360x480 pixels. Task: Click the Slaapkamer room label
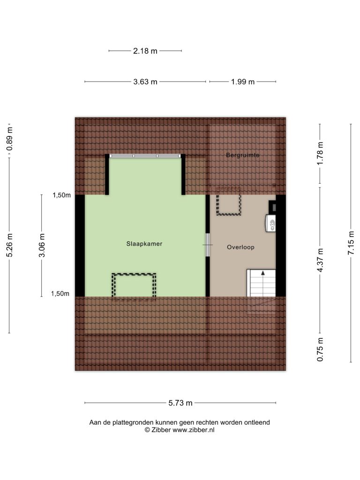point(144,244)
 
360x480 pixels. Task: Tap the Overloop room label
point(240,247)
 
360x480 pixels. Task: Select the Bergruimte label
point(243,155)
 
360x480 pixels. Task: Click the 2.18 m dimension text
point(145,51)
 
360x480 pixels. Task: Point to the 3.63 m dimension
point(145,82)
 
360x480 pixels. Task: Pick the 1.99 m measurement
point(243,82)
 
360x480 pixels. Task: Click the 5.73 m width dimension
point(180,403)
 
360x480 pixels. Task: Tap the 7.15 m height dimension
point(351,243)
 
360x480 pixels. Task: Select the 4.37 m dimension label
point(320,260)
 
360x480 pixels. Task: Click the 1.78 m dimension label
point(320,153)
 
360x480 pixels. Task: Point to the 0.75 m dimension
point(320,350)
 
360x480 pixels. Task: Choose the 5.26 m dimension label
point(9,245)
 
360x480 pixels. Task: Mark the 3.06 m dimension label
point(42,245)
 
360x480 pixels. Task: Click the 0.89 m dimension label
point(9,139)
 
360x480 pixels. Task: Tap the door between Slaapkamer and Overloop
point(208,245)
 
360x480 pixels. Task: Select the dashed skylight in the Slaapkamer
point(134,285)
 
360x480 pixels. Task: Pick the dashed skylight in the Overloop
point(229,204)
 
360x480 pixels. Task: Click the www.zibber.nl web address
point(193,430)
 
